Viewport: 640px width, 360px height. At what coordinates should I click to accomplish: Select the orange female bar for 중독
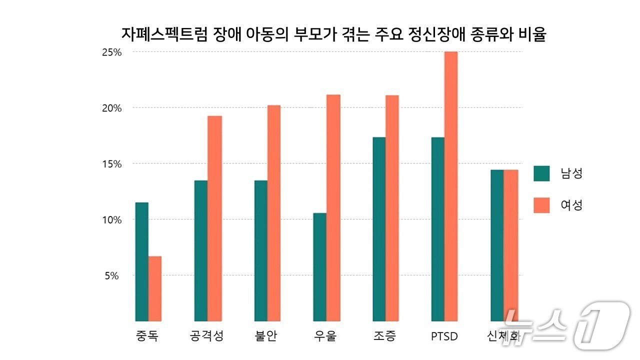tap(155, 288)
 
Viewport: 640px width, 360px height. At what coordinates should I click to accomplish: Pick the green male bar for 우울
tap(320, 267)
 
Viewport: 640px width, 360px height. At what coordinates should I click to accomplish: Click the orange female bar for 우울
tap(333, 207)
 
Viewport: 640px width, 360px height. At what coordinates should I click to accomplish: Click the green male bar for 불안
tap(260, 250)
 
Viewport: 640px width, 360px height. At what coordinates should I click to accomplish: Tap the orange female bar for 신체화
tap(510, 245)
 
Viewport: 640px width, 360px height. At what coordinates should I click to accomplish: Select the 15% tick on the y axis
tap(111, 164)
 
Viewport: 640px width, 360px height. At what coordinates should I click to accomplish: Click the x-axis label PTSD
tap(444, 336)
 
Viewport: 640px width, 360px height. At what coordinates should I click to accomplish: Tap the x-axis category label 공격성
tap(207, 336)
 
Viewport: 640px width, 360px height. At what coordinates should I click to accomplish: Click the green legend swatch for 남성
tap(541, 173)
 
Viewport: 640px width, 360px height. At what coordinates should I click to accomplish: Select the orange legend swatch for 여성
tap(541, 205)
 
